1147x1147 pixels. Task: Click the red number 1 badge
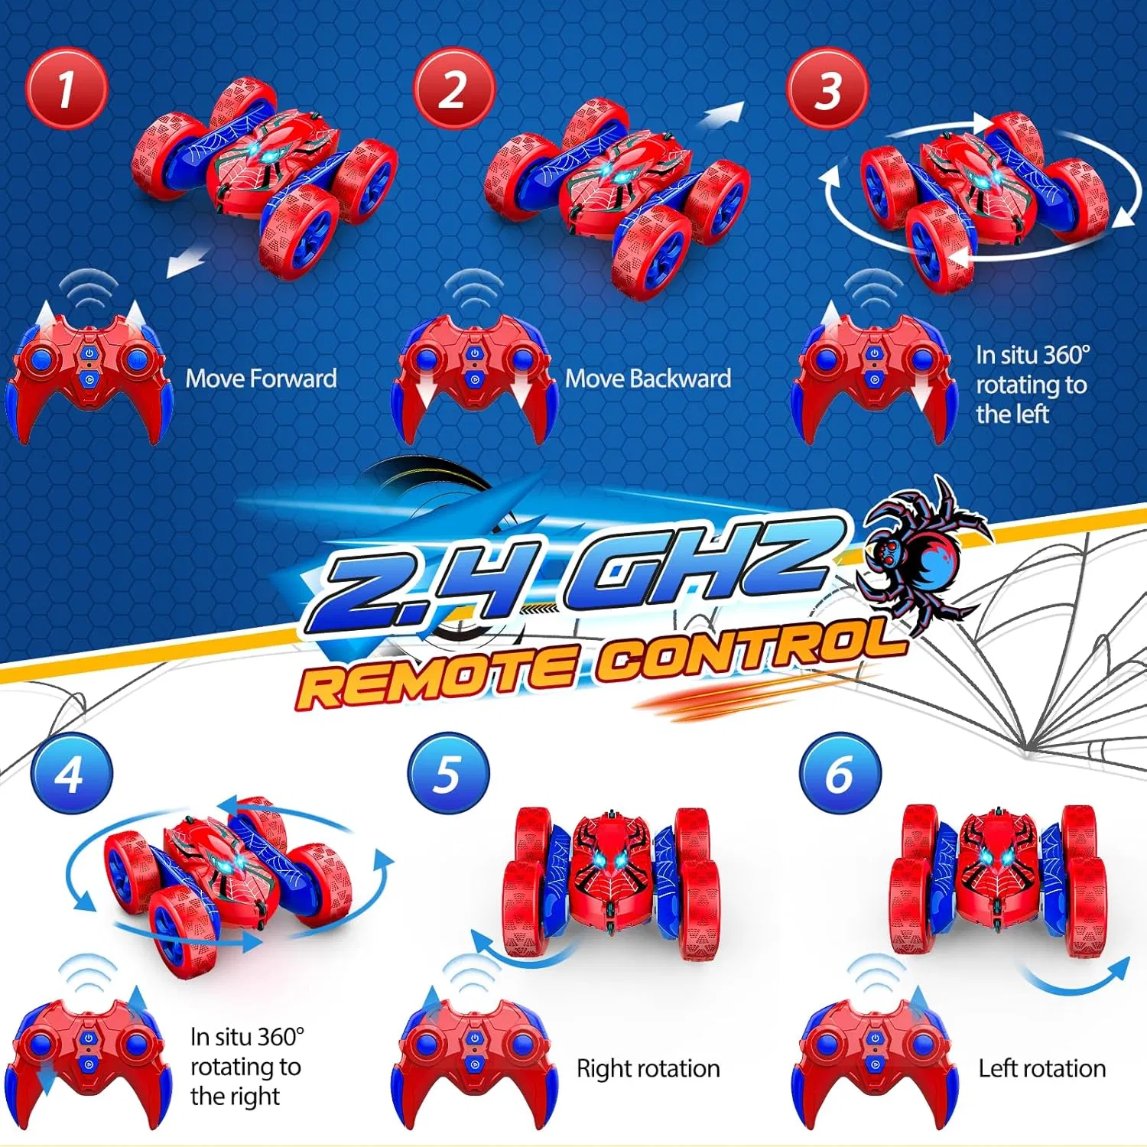pyautogui.click(x=67, y=88)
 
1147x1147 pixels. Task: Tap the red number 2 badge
pyautogui.click(x=454, y=88)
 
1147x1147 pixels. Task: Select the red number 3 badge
pyautogui.click(x=827, y=88)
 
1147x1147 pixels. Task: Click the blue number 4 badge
pyautogui.click(x=71, y=773)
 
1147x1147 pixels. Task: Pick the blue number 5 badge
pyautogui.click(x=448, y=773)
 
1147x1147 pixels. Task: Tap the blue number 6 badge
pyautogui.click(x=840, y=773)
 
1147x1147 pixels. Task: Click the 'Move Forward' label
pyautogui.click(x=261, y=379)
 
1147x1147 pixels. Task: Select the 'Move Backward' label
pyautogui.click(x=648, y=379)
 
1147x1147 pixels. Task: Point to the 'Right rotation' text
pyautogui.click(x=648, y=1068)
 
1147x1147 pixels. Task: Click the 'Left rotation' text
pyautogui.click(x=1041, y=1068)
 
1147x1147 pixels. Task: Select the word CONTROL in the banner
pyautogui.click(x=749, y=654)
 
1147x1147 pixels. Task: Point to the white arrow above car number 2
pyautogui.click(x=722, y=115)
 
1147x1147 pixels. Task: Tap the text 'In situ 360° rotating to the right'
pyautogui.click(x=246, y=1067)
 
